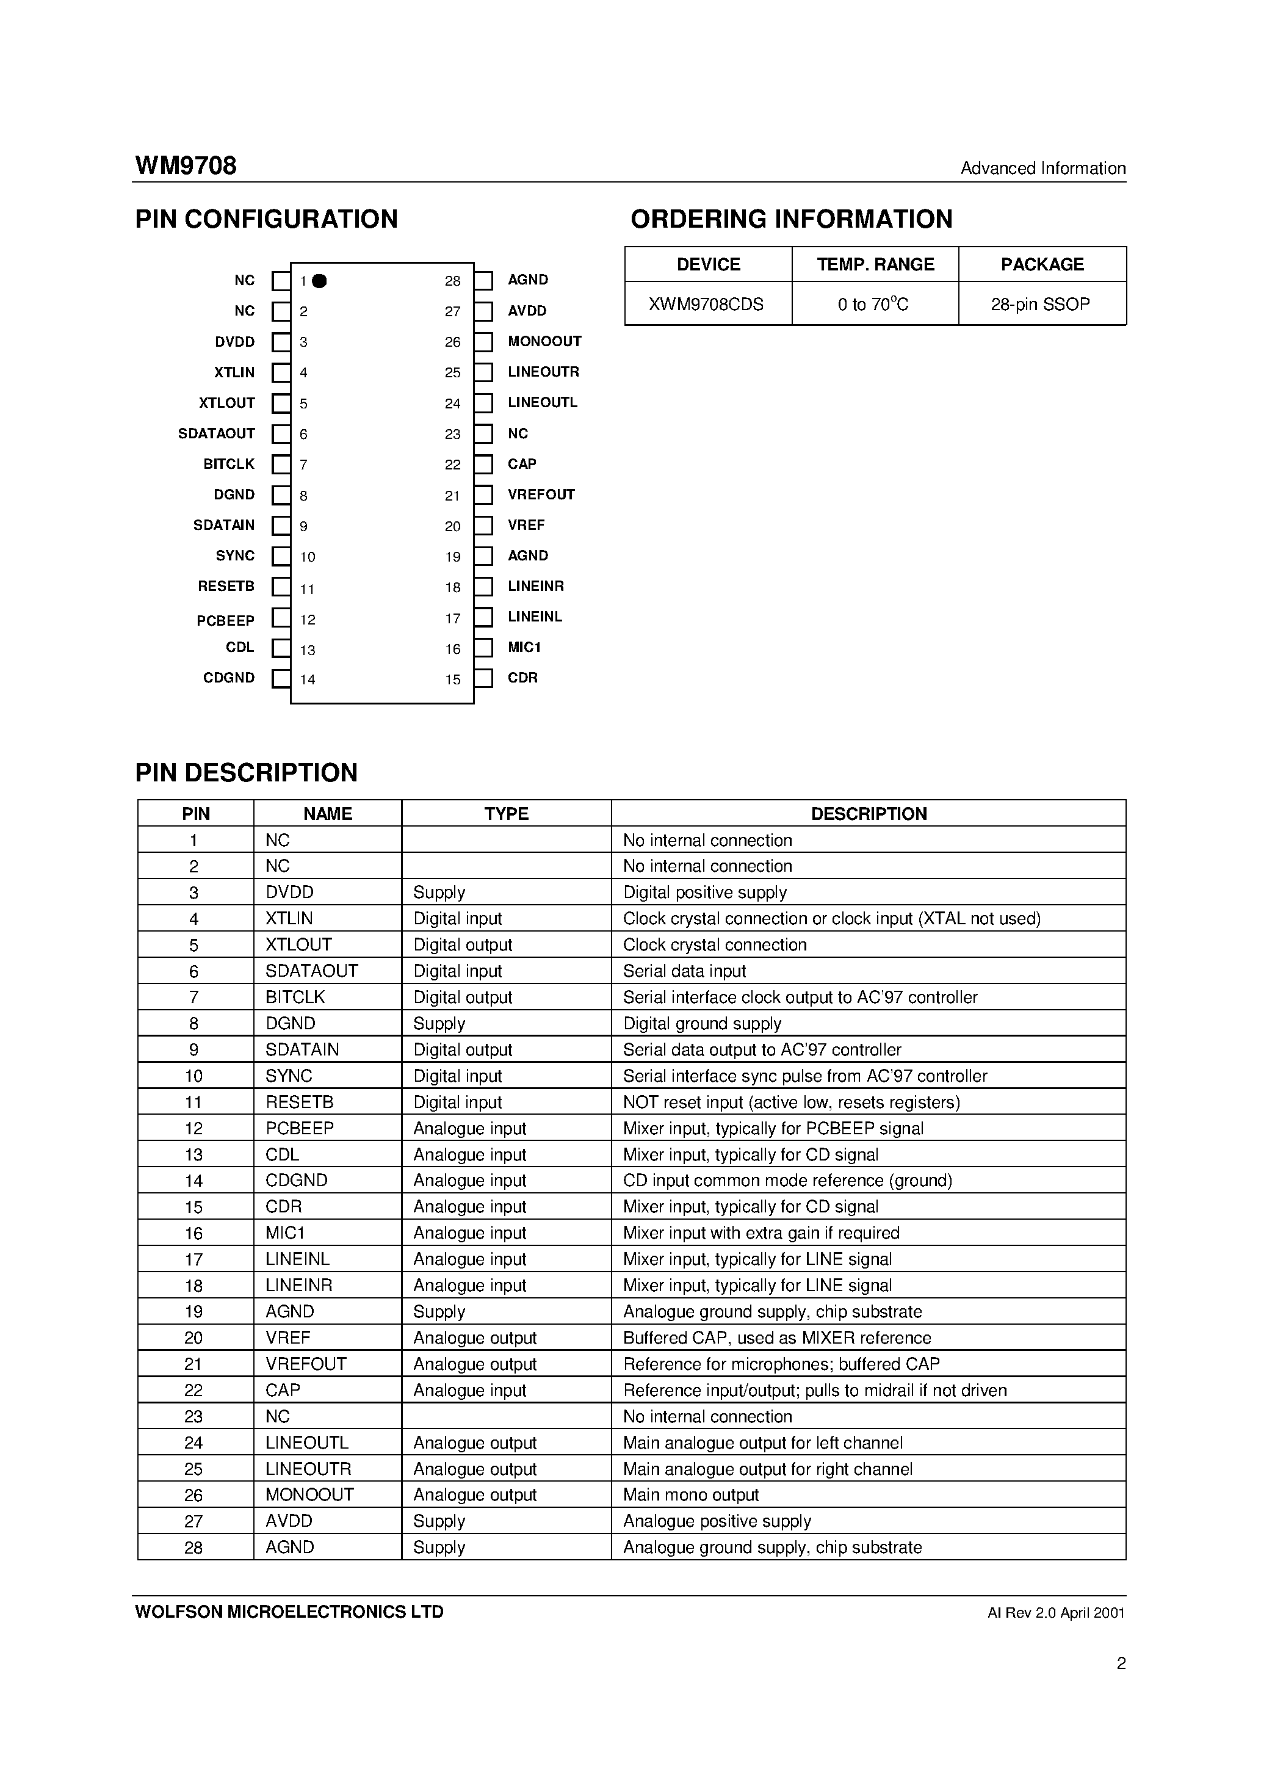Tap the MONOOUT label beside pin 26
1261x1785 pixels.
(544, 341)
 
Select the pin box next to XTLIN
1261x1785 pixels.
(281, 373)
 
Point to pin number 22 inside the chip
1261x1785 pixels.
(452, 465)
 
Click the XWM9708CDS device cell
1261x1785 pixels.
(707, 304)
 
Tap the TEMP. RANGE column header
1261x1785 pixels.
(875, 264)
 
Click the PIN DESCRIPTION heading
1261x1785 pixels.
(247, 772)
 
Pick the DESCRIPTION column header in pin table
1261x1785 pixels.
(869, 814)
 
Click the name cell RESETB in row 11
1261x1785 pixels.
(299, 1102)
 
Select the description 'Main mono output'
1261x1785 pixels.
(690, 1494)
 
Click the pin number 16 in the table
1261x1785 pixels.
(193, 1233)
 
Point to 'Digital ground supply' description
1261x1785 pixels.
(701, 1023)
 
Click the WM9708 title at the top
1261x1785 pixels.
(186, 165)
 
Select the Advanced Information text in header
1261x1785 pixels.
(1042, 168)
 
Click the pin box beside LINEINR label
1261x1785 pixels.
(483, 587)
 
